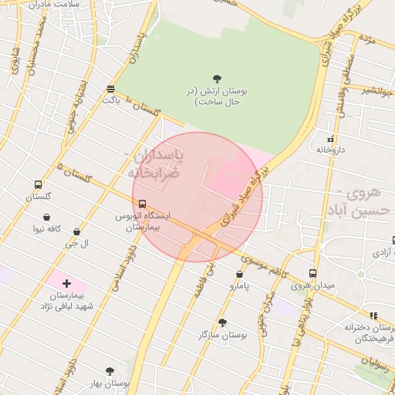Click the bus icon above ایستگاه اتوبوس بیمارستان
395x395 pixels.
pos(142,204)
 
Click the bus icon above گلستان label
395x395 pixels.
pos(38,185)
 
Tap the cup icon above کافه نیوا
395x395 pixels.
pos(48,218)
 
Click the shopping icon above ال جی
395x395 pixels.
pos(76,231)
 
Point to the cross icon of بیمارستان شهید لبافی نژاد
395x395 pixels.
pos(66,284)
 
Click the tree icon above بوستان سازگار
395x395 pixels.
pos(222,322)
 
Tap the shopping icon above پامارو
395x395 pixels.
pos(239,274)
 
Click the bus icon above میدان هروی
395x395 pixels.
pos(312,272)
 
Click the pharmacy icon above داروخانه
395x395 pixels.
pos(330,140)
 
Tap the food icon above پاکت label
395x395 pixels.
pos(112,89)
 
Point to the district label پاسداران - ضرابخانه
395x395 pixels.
pos(155,164)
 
